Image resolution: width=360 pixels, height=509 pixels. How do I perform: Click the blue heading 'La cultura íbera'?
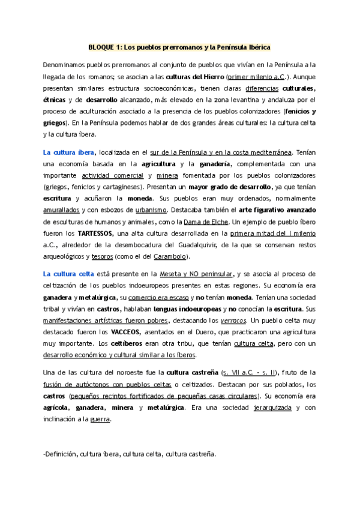click(x=68, y=152)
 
